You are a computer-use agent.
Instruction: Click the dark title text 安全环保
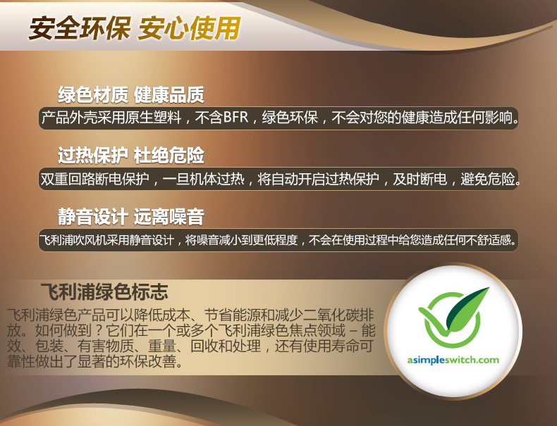click(79, 28)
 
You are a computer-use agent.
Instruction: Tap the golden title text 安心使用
click(189, 28)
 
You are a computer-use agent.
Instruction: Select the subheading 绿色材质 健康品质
click(131, 95)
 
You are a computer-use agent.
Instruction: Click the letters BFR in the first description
click(236, 118)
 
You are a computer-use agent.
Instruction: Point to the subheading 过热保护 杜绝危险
click(131, 155)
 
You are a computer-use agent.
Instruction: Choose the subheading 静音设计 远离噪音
click(131, 216)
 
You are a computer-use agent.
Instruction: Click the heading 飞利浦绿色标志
click(104, 292)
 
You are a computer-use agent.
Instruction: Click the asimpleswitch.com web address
click(453, 361)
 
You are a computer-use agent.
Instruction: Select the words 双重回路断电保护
click(94, 179)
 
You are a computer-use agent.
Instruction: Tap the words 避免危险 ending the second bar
click(488, 179)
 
